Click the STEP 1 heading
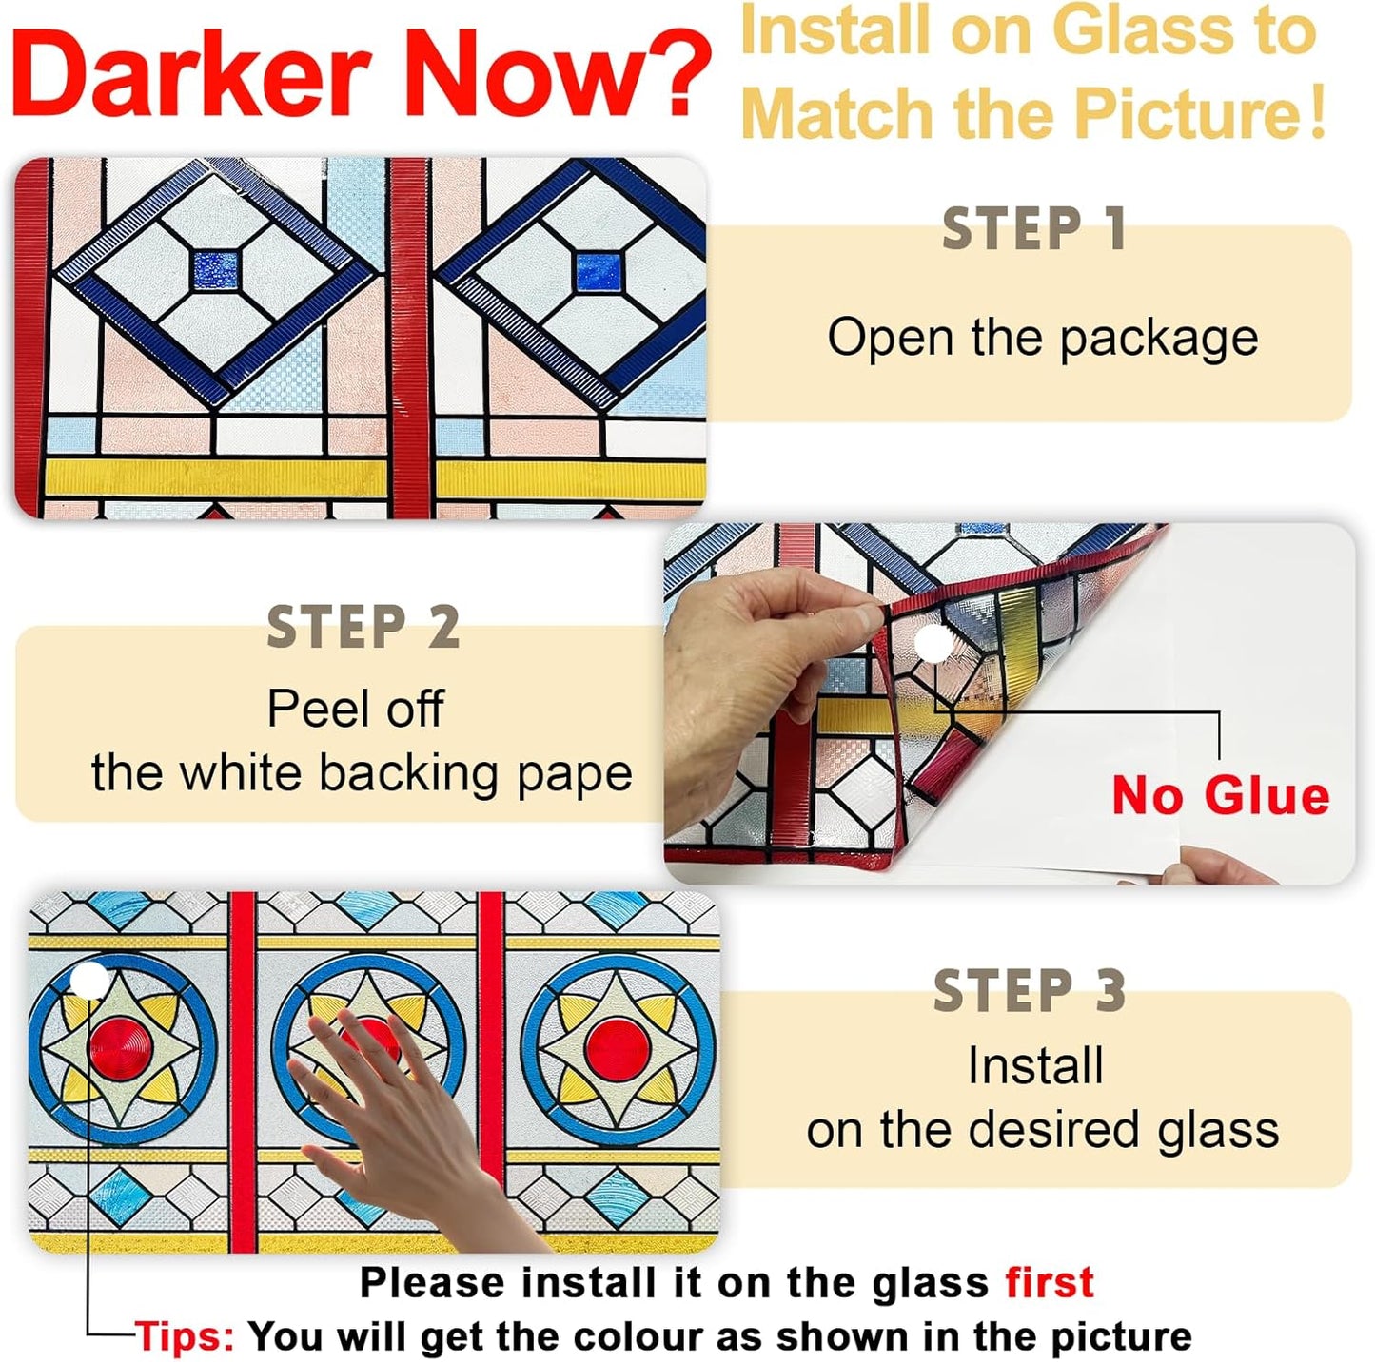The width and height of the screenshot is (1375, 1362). tap(1034, 230)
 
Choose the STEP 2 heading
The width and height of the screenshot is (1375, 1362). tap(363, 629)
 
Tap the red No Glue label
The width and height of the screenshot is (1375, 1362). tap(1220, 795)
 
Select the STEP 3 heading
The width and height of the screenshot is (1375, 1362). tap(1030, 992)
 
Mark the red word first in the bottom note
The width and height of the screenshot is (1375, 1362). tap(1050, 1282)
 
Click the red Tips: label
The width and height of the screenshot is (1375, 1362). tap(185, 1336)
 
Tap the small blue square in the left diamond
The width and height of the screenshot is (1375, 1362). tap(215, 270)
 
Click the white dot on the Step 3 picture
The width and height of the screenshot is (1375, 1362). tap(90, 980)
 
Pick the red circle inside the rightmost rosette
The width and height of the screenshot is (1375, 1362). tap(619, 1049)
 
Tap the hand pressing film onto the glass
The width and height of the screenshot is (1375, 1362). tap(400, 1113)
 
